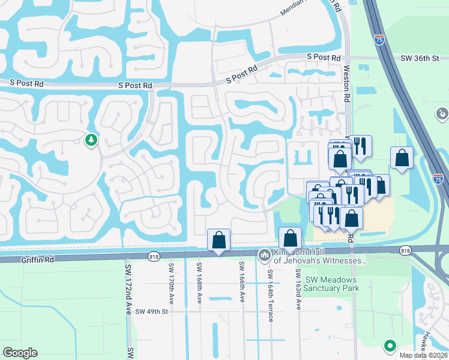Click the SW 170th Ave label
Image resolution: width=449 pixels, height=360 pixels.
172,281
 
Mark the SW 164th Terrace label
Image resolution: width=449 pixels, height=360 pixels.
270,293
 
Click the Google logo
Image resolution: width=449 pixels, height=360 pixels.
20,353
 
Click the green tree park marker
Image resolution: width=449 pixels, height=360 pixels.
91,140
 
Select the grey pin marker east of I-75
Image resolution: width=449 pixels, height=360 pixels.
442,113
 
